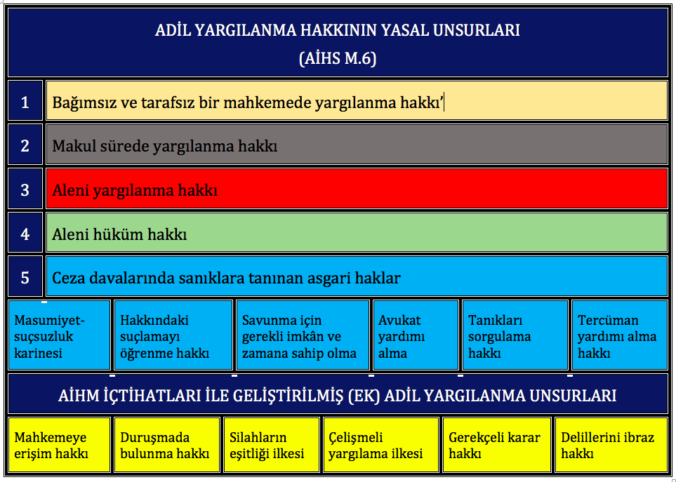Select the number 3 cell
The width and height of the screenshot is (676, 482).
pos(25,189)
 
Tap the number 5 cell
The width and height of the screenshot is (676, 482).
pos(25,276)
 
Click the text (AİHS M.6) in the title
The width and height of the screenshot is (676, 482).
pos(338,58)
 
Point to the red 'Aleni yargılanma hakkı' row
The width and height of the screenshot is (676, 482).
pos(357,189)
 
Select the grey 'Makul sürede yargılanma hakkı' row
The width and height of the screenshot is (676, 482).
pos(357,145)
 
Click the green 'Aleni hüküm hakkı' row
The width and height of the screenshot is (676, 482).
pos(357,233)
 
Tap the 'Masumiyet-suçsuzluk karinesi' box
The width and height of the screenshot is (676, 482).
pos(60,335)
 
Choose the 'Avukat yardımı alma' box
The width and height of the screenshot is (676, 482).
pos(416,335)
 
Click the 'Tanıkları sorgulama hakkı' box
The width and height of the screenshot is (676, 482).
pos(515,335)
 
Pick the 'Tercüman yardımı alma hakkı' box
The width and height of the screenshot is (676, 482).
pos(620,335)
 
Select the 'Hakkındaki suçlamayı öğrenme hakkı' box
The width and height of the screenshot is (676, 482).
pos(173,335)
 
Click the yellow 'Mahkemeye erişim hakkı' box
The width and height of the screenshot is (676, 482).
pos(60,445)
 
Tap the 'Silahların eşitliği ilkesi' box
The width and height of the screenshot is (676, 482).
pos(272,445)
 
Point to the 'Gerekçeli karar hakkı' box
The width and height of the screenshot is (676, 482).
pos(497,445)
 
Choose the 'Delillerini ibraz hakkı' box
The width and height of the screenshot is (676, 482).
pos(611,445)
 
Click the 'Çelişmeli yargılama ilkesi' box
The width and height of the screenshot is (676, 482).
pos(381,445)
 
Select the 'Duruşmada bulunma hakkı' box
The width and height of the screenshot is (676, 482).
pos(167,445)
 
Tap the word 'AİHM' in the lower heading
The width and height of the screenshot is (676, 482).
pos(78,395)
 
